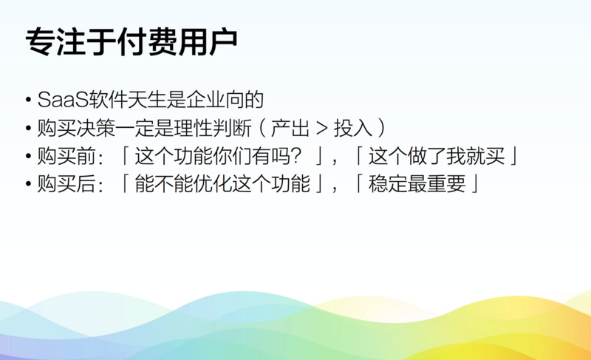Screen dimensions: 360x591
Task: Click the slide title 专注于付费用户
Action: click(x=131, y=43)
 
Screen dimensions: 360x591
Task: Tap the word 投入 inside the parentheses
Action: click(x=351, y=128)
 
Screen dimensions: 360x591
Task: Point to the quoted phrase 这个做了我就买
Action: click(x=434, y=156)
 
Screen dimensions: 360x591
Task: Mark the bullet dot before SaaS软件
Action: click(x=27, y=100)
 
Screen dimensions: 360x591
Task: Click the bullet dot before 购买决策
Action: click(x=27, y=129)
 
